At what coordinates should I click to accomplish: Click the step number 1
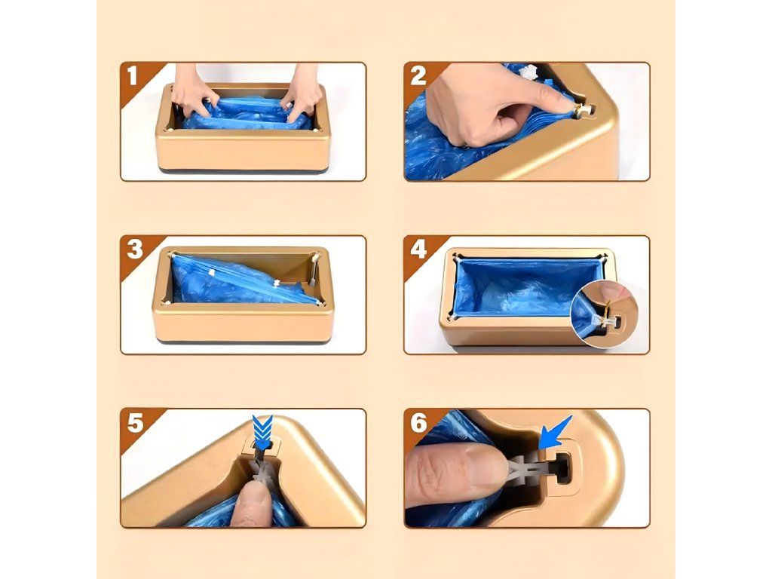[x=132, y=76]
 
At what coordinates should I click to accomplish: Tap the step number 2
[x=418, y=76]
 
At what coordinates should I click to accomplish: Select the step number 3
[x=134, y=249]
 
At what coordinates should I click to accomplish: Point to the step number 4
[x=418, y=249]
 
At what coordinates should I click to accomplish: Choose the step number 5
[x=135, y=423]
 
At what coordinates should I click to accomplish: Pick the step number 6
[x=418, y=423]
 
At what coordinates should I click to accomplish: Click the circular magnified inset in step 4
[x=604, y=314]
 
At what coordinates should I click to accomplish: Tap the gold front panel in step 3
[x=243, y=323]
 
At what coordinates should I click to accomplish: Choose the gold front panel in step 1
[x=243, y=150]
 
